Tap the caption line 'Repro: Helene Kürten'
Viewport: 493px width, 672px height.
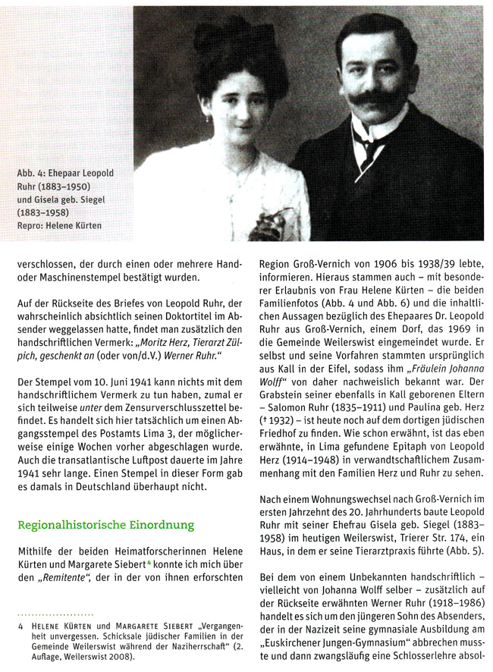59,225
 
